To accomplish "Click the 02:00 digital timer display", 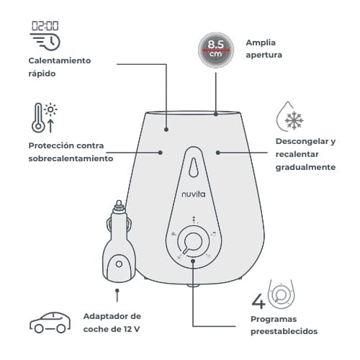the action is point(45,26).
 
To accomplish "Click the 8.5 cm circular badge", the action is point(216,50).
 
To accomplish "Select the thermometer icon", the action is point(38,118).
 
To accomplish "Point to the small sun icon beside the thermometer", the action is point(50,109).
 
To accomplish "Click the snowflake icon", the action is point(294,120).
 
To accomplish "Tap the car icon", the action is point(50,323).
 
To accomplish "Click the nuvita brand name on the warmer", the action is point(194,194).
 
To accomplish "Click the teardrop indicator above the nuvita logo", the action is point(194,167).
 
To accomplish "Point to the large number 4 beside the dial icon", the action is point(258,301).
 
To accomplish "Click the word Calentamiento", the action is point(60,60).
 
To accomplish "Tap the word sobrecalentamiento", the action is point(71,158).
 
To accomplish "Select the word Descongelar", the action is point(302,141).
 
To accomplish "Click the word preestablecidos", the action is point(284,331).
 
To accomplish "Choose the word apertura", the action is point(264,55).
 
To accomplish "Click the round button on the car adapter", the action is point(119,264).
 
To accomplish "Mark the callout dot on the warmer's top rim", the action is point(216,114).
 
